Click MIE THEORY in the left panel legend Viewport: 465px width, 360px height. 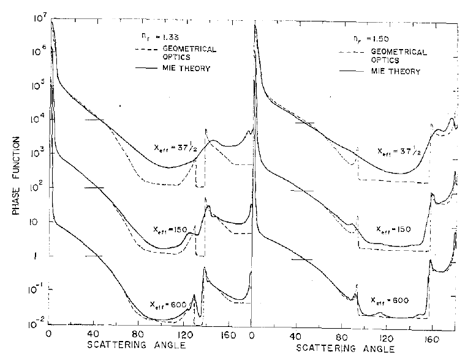[186, 67]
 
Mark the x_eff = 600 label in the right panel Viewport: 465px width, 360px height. [390, 300]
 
